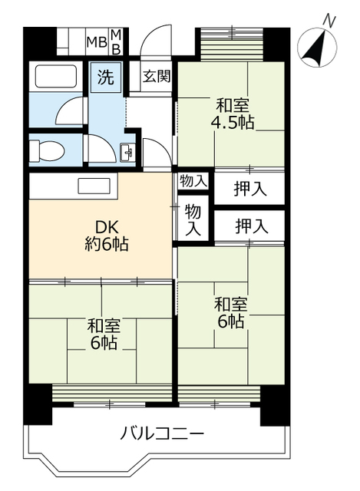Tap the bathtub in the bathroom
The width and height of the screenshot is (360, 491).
tap(53, 79)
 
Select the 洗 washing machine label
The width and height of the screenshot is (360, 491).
tap(104, 77)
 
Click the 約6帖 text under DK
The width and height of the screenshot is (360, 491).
tap(106, 245)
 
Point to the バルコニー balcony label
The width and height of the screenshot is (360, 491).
tap(162, 435)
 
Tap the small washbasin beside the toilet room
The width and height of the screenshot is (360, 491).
tap(127, 152)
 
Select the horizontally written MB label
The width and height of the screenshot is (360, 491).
tap(96, 41)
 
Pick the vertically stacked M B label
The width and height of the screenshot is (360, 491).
tap(117, 41)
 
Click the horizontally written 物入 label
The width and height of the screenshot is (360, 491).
tap(193, 181)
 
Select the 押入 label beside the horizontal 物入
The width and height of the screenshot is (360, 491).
tap(250, 188)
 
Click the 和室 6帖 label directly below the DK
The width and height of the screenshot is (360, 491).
tap(101, 334)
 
